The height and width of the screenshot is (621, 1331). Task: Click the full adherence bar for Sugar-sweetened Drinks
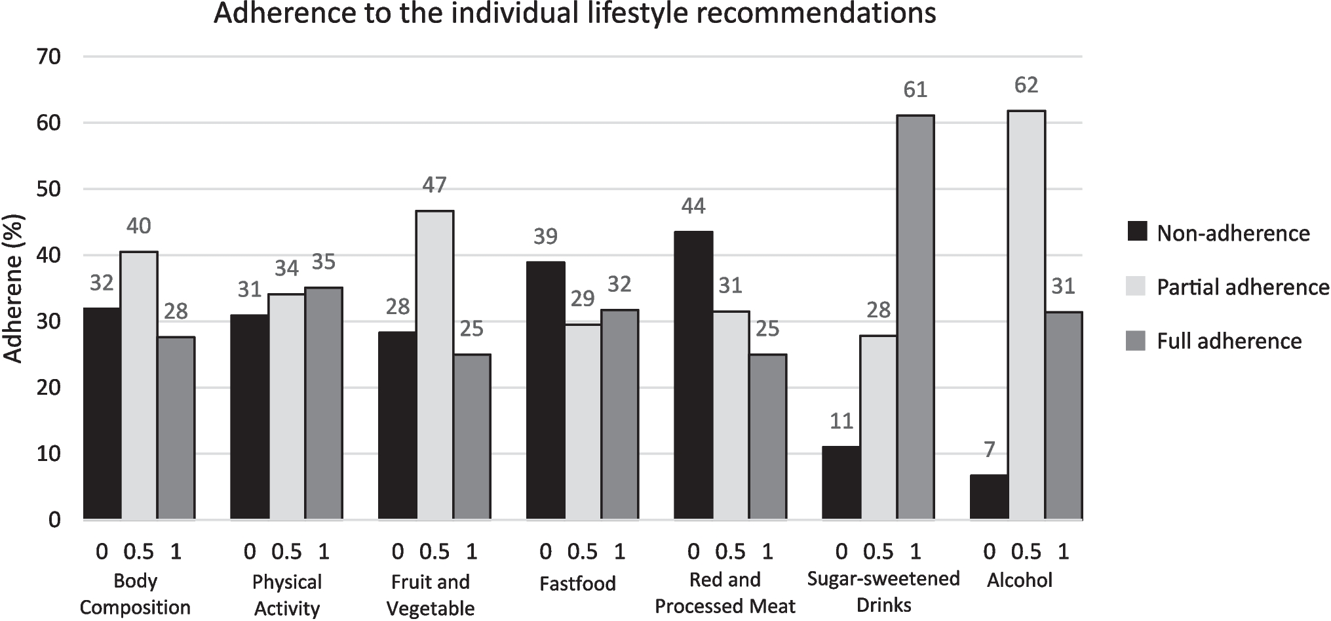(915, 318)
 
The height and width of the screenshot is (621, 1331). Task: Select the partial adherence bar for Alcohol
(1026, 315)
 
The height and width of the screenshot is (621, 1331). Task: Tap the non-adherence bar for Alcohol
(989, 497)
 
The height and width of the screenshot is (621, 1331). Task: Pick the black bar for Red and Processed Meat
(693, 376)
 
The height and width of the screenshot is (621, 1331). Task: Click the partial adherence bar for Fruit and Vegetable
(434, 365)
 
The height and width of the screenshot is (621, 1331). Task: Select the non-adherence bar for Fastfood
(545, 391)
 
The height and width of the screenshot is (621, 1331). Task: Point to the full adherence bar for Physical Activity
(324, 403)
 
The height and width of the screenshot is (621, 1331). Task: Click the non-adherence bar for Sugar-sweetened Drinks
(841, 483)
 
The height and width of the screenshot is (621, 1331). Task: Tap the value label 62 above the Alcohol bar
(1026, 85)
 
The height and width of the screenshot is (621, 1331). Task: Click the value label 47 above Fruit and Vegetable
(434, 186)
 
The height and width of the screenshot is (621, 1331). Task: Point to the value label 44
(693, 207)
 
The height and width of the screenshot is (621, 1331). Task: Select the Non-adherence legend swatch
(1136, 233)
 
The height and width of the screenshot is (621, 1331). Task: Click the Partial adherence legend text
(1243, 287)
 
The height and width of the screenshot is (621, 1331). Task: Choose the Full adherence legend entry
(1229, 341)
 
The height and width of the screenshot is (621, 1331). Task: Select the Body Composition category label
(135, 594)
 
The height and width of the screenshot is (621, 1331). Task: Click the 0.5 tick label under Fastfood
(582, 552)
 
